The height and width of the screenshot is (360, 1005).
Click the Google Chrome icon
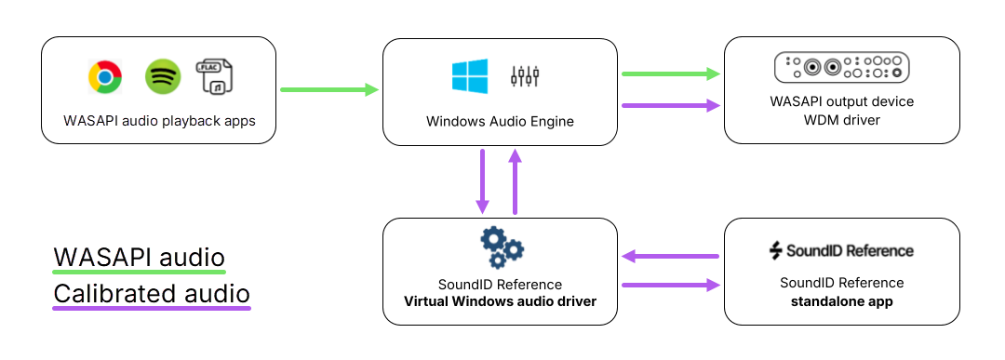[x=105, y=76]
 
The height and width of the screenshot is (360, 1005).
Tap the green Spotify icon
[x=163, y=76]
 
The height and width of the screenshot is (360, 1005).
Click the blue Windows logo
[x=470, y=75]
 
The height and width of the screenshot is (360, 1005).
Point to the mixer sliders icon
[x=525, y=76]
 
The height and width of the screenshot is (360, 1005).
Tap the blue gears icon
[x=501, y=246]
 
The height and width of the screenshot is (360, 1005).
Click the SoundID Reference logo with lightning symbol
[x=841, y=250]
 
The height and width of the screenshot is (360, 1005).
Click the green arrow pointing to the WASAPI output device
[x=671, y=73]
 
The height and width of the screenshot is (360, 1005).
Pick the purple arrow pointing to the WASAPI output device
[x=671, y=105]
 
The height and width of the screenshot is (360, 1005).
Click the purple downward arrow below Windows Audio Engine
[x=482, y=180]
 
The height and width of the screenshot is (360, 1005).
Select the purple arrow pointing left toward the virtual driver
[x=671, y=255]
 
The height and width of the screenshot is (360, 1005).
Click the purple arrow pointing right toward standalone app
[x=671, y=286]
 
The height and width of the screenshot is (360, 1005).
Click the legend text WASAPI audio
[x=139, y=258]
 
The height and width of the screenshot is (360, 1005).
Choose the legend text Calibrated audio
[x=152, y=294]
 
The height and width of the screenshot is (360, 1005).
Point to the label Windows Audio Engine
[x=500, y=121]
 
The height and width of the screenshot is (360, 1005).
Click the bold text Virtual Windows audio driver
[x=500, y=301]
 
